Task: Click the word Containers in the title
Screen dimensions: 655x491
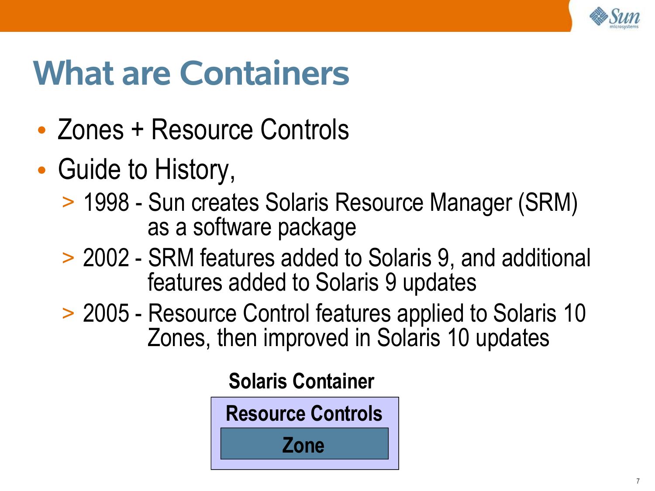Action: pyautogui.click(x=264, y=73)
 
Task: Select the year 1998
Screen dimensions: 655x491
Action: pyautogui.click(x=106, y=203)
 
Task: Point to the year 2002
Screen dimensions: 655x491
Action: pyautogui.click(x=106, y=258)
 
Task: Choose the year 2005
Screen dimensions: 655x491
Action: pyautogui.click(x=106, y=313)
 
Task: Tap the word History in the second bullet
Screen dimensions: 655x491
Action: pyautogui.click(x=195, y=170)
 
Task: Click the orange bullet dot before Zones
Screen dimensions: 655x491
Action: pyautogui.click(x=42, y=130)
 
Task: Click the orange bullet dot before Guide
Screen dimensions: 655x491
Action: pyautogui.click(x=42, y=170)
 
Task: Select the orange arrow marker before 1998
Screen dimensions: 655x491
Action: pyautogui.click(x=68, y=202)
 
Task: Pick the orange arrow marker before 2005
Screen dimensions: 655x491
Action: pyautogui.click(x=68, y=313)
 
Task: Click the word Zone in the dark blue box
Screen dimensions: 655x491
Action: pyautogui.click(x=303, y=445)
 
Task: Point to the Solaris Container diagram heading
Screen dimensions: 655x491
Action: pyautogui.click(x=301, y=381)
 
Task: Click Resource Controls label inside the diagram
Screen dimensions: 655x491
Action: pyautogui.click(x=304, y=413)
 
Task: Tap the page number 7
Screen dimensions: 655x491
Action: pyautogui.click(x=638, y=481)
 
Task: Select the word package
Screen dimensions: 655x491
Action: pyautogui.click(x=317, y=228)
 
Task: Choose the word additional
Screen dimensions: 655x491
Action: pyautogui.click(x=546, y=258)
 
